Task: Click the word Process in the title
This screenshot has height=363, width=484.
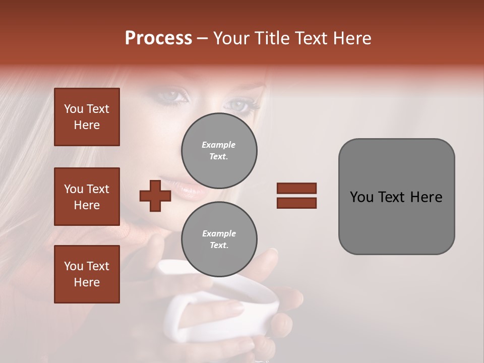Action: click(158, 38)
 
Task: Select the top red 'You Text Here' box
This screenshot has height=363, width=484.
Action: click(87, 117)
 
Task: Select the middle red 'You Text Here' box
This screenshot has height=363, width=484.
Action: click(87, 197)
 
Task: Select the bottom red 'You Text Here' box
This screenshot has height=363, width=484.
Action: click(87, 274)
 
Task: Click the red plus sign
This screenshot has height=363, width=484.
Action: click(155, 196)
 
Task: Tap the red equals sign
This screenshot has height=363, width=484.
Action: click(296, 196)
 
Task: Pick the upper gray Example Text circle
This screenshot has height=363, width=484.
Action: click(219, 151)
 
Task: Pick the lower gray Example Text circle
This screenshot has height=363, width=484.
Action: click(219, 239)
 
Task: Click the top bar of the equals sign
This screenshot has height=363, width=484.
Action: click(296, 188)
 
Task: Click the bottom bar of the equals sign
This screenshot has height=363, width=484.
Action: click(296, 203)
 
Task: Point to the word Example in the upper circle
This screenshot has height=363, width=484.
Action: click(218, 145)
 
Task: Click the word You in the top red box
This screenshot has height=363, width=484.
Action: click(74, 109)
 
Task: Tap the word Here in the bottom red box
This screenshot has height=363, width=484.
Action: click(87, 282)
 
